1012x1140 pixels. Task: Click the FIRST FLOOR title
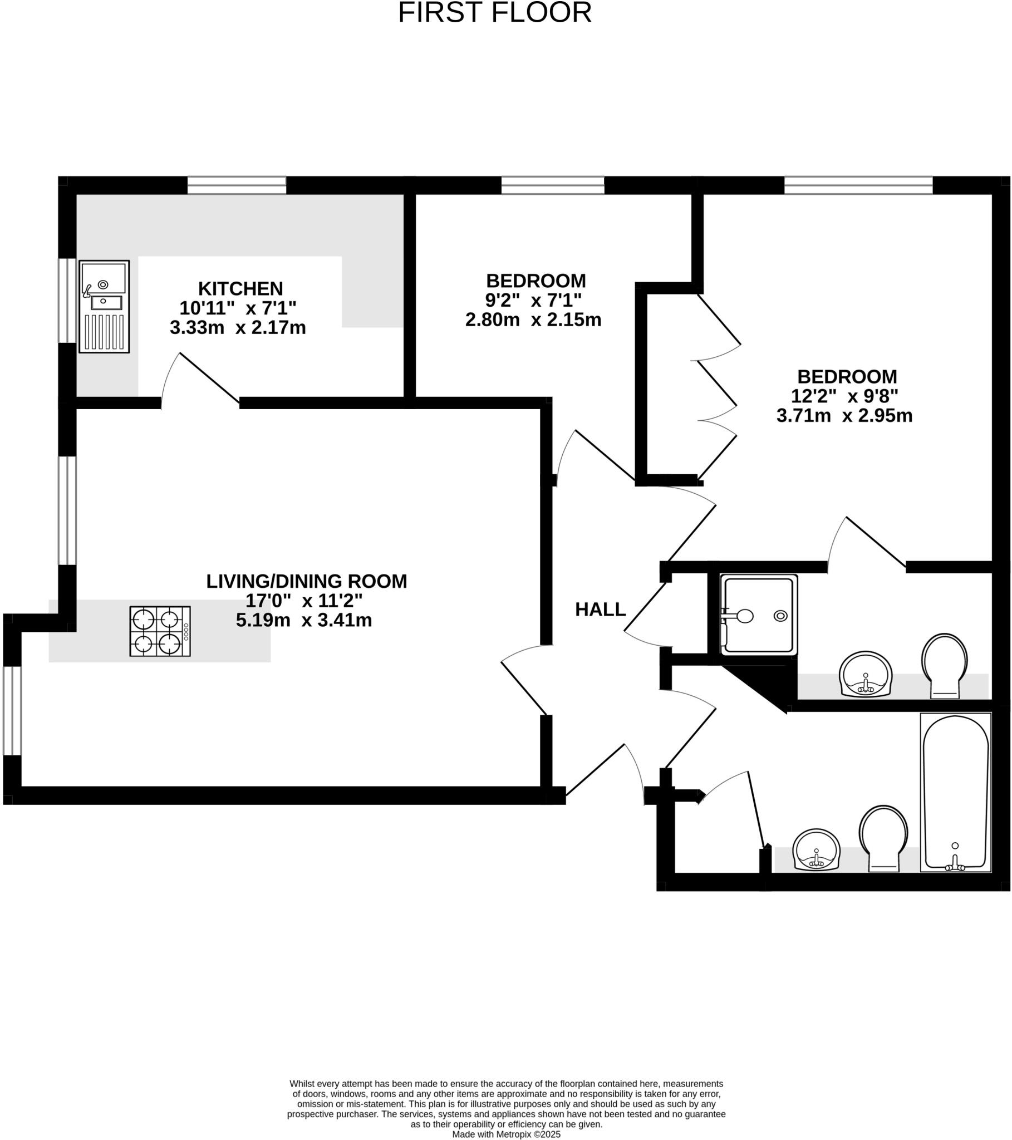coord(494,13)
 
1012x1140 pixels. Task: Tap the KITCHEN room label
coord(240,289)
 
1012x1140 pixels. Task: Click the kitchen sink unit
coord(104,306)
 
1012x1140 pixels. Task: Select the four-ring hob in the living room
coord(160,631)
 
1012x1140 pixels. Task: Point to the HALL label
coord(600,610)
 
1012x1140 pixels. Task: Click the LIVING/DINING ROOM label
coord(306,581)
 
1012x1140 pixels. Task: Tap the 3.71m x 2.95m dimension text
coord(844,415)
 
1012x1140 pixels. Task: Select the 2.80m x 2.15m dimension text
coord(533,320)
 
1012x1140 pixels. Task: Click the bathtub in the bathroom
coord(955,792)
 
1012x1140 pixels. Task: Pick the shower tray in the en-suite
coord(759,614)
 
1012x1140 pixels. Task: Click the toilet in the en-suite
coord(945,664)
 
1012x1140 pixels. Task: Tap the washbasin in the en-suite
coord(866,674)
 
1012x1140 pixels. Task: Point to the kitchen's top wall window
coord(237,185)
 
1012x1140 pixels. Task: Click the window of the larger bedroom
coord(858,185)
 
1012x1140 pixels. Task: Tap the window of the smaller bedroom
coord(552,185)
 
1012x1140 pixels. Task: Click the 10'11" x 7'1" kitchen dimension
coord(238,308)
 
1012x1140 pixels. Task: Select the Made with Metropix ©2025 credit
coord(506,1134)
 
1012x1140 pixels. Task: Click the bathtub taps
coord(955,864)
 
